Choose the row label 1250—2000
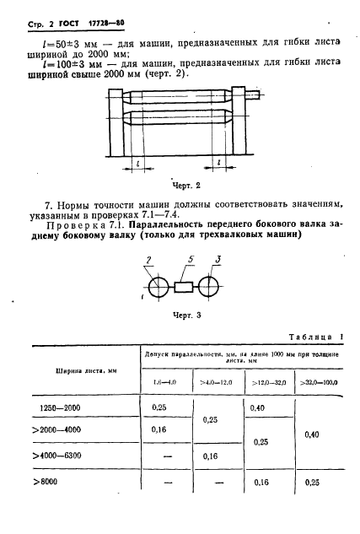coord(74,408)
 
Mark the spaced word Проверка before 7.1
coord(51,234)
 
